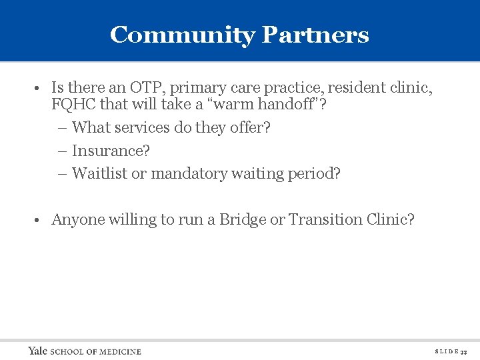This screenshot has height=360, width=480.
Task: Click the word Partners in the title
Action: [x=315, y=35]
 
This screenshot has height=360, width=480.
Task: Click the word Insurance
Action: [x=110, y=151]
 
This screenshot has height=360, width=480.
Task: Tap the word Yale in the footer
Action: [x=37, y=351]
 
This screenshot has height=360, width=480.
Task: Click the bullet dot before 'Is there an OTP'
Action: [x=41, y=88]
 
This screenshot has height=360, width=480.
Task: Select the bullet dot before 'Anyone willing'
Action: [x=41, y=220]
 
